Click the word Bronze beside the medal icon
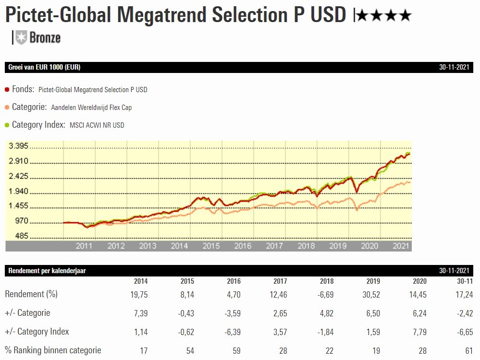pos(45,38)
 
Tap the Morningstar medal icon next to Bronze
pos(21,37)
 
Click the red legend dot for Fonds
pos(7,90)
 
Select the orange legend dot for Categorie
pos(7,108)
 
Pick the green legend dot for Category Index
pos(7,125)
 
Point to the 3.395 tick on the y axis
pos(19,146)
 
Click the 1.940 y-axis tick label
pos(19,192)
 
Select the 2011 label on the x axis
pos(84,246)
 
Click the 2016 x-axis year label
pos(243,246)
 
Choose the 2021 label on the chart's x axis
pos(401,246)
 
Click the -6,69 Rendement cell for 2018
pos(325,294)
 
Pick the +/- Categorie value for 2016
pos(233,313)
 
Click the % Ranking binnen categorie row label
pos(53,350)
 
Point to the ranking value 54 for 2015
pos(190,350)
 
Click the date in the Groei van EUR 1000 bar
pos(454,67)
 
